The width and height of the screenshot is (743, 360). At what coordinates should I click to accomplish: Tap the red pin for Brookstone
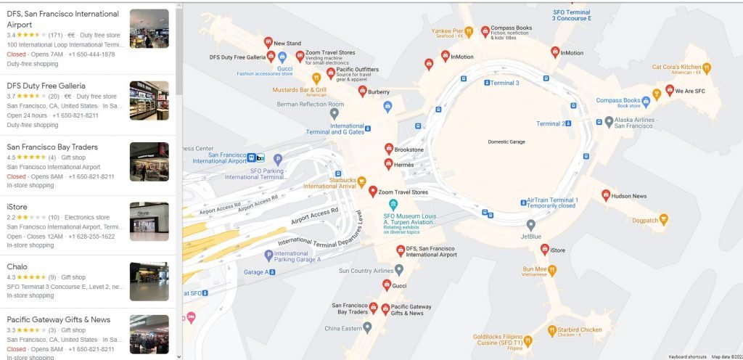pyautogui.click(x=389, y=148)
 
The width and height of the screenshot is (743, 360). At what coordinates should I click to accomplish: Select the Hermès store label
pyautogui.click(x=404, y=165)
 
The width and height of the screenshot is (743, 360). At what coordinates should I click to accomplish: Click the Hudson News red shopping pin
pyautogui.click(x=606, y=195)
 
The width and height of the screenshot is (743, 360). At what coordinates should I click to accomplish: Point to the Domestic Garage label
pyautogui.click(x=506, y=142)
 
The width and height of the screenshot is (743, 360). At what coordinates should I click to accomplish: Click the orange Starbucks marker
pyautogui.click(x=362, y=181)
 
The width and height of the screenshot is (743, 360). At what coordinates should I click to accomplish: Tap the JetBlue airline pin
pyautogui.click(x=531, y=225)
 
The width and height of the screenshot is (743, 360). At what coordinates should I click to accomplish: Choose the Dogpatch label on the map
pyautogui.click(x=645, y=221)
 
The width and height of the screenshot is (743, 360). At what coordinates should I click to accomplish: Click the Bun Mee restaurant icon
pyautogui.click(x=552, y=269)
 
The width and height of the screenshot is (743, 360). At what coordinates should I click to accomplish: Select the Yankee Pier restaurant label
pyautogui.click(x=447, y=31)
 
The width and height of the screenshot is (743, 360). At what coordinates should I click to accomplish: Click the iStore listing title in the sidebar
pyautogui.click(x=17, y=206)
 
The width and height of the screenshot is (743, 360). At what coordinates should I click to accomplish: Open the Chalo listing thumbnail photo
pyautogui.click(x=149, y=281)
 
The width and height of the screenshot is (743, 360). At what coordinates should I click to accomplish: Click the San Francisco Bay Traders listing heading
pyautogui.click(x=52, y=147)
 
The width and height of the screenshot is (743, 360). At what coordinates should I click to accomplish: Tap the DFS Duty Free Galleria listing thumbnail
pyautogui.click(x=149, y=100)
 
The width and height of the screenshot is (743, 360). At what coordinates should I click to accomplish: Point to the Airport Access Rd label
pyautogui.click(x=314, y=215)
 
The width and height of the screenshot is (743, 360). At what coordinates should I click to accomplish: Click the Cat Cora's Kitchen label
pyautogui.click(x=676, y=67)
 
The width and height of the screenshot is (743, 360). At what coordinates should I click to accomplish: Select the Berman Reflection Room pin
pyautogui.click(x=334, y=113)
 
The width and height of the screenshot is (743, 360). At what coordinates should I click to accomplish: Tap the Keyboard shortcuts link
pyautogui.click(x=687, y=356)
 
